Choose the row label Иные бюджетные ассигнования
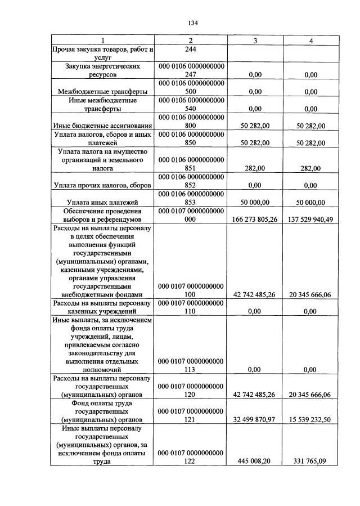[102, 127]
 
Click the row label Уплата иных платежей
[102, 203]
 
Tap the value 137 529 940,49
[310, 220]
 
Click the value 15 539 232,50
[310, 419]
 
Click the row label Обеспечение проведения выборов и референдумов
[102, 215]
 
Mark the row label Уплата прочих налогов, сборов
[102, 184]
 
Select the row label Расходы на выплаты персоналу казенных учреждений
[102, 307]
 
